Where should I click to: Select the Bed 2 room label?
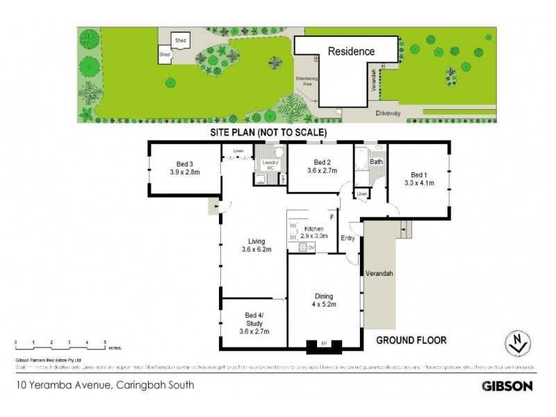tap(322, 162)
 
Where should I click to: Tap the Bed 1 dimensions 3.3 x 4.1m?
tap(419, 183)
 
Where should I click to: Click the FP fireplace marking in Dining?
tap(323, 343)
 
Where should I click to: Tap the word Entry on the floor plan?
tap(348, 238)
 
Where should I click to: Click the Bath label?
tap(376, 162)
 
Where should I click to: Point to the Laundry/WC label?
tap(268, 165)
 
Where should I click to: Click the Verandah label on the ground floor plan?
tap(380, 273)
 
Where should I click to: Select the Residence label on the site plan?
tap(351, 51)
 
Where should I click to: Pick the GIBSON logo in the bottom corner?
tap(507, 386)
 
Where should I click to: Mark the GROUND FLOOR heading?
tap(411, 340)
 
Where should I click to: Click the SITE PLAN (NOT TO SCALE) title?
tap(269, 132)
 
